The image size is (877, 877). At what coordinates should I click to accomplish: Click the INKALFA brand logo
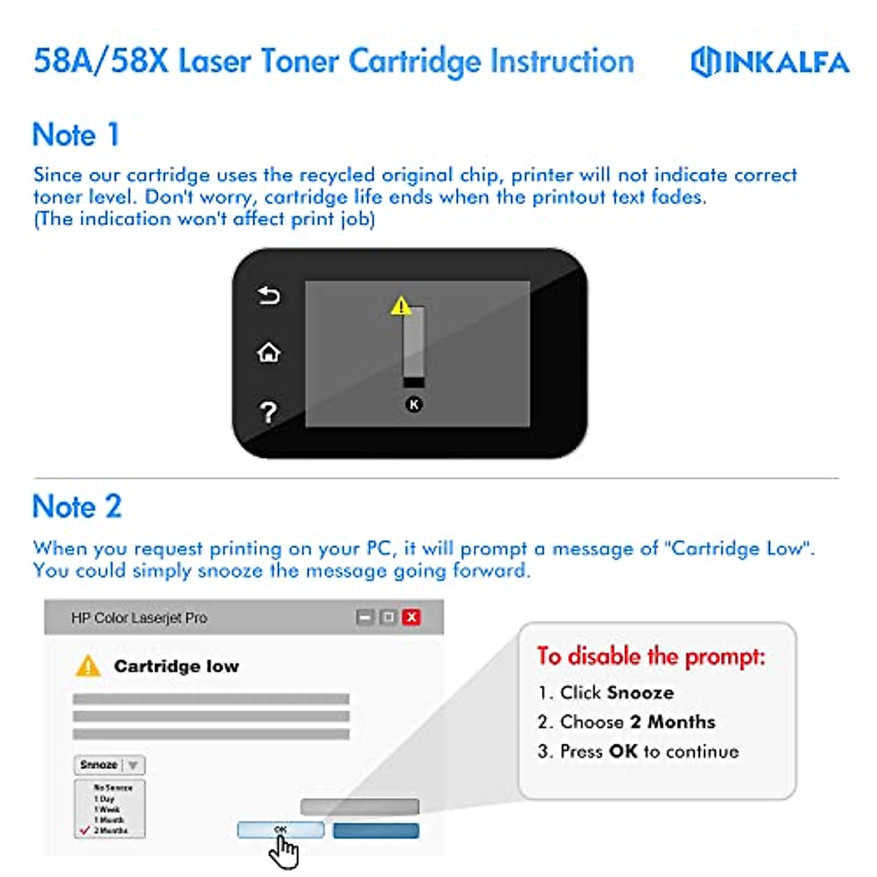click(x=770, y=62)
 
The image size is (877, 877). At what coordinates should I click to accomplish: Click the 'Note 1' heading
click(x=75, y=135)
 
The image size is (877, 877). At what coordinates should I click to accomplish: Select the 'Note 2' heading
click(x=77, y=506)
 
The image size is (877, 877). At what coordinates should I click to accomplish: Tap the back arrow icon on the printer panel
click(x=268, y=295)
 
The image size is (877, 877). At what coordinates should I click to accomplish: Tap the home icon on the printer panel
click(x=268, y=353)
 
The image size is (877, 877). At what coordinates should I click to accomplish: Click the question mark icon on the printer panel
click(x=268, y=412)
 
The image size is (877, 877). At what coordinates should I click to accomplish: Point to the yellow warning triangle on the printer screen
click(x=400, y=306)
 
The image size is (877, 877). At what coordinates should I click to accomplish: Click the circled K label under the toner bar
click(x=414, y=404)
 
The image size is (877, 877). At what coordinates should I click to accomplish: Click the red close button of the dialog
click(x=411, y=618)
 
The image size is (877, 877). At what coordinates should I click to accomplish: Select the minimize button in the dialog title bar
click(x=365, y=618)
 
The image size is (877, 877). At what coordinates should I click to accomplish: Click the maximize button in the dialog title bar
click(x=388, y=618)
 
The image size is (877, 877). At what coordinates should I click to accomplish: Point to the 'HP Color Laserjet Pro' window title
click(x=139, y=618)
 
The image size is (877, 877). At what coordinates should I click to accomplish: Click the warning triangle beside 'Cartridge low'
click(x=88, y=667)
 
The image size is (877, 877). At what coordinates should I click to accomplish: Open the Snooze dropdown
click(x=110, y=765)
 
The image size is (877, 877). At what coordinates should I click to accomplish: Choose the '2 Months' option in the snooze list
click(x=110, y=831)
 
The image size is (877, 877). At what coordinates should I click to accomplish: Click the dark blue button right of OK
click(x=376, y=831)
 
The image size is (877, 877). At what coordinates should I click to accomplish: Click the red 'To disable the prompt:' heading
click(x=650, y=656)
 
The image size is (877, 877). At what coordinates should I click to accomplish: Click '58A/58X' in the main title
click(x=101, y=61)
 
